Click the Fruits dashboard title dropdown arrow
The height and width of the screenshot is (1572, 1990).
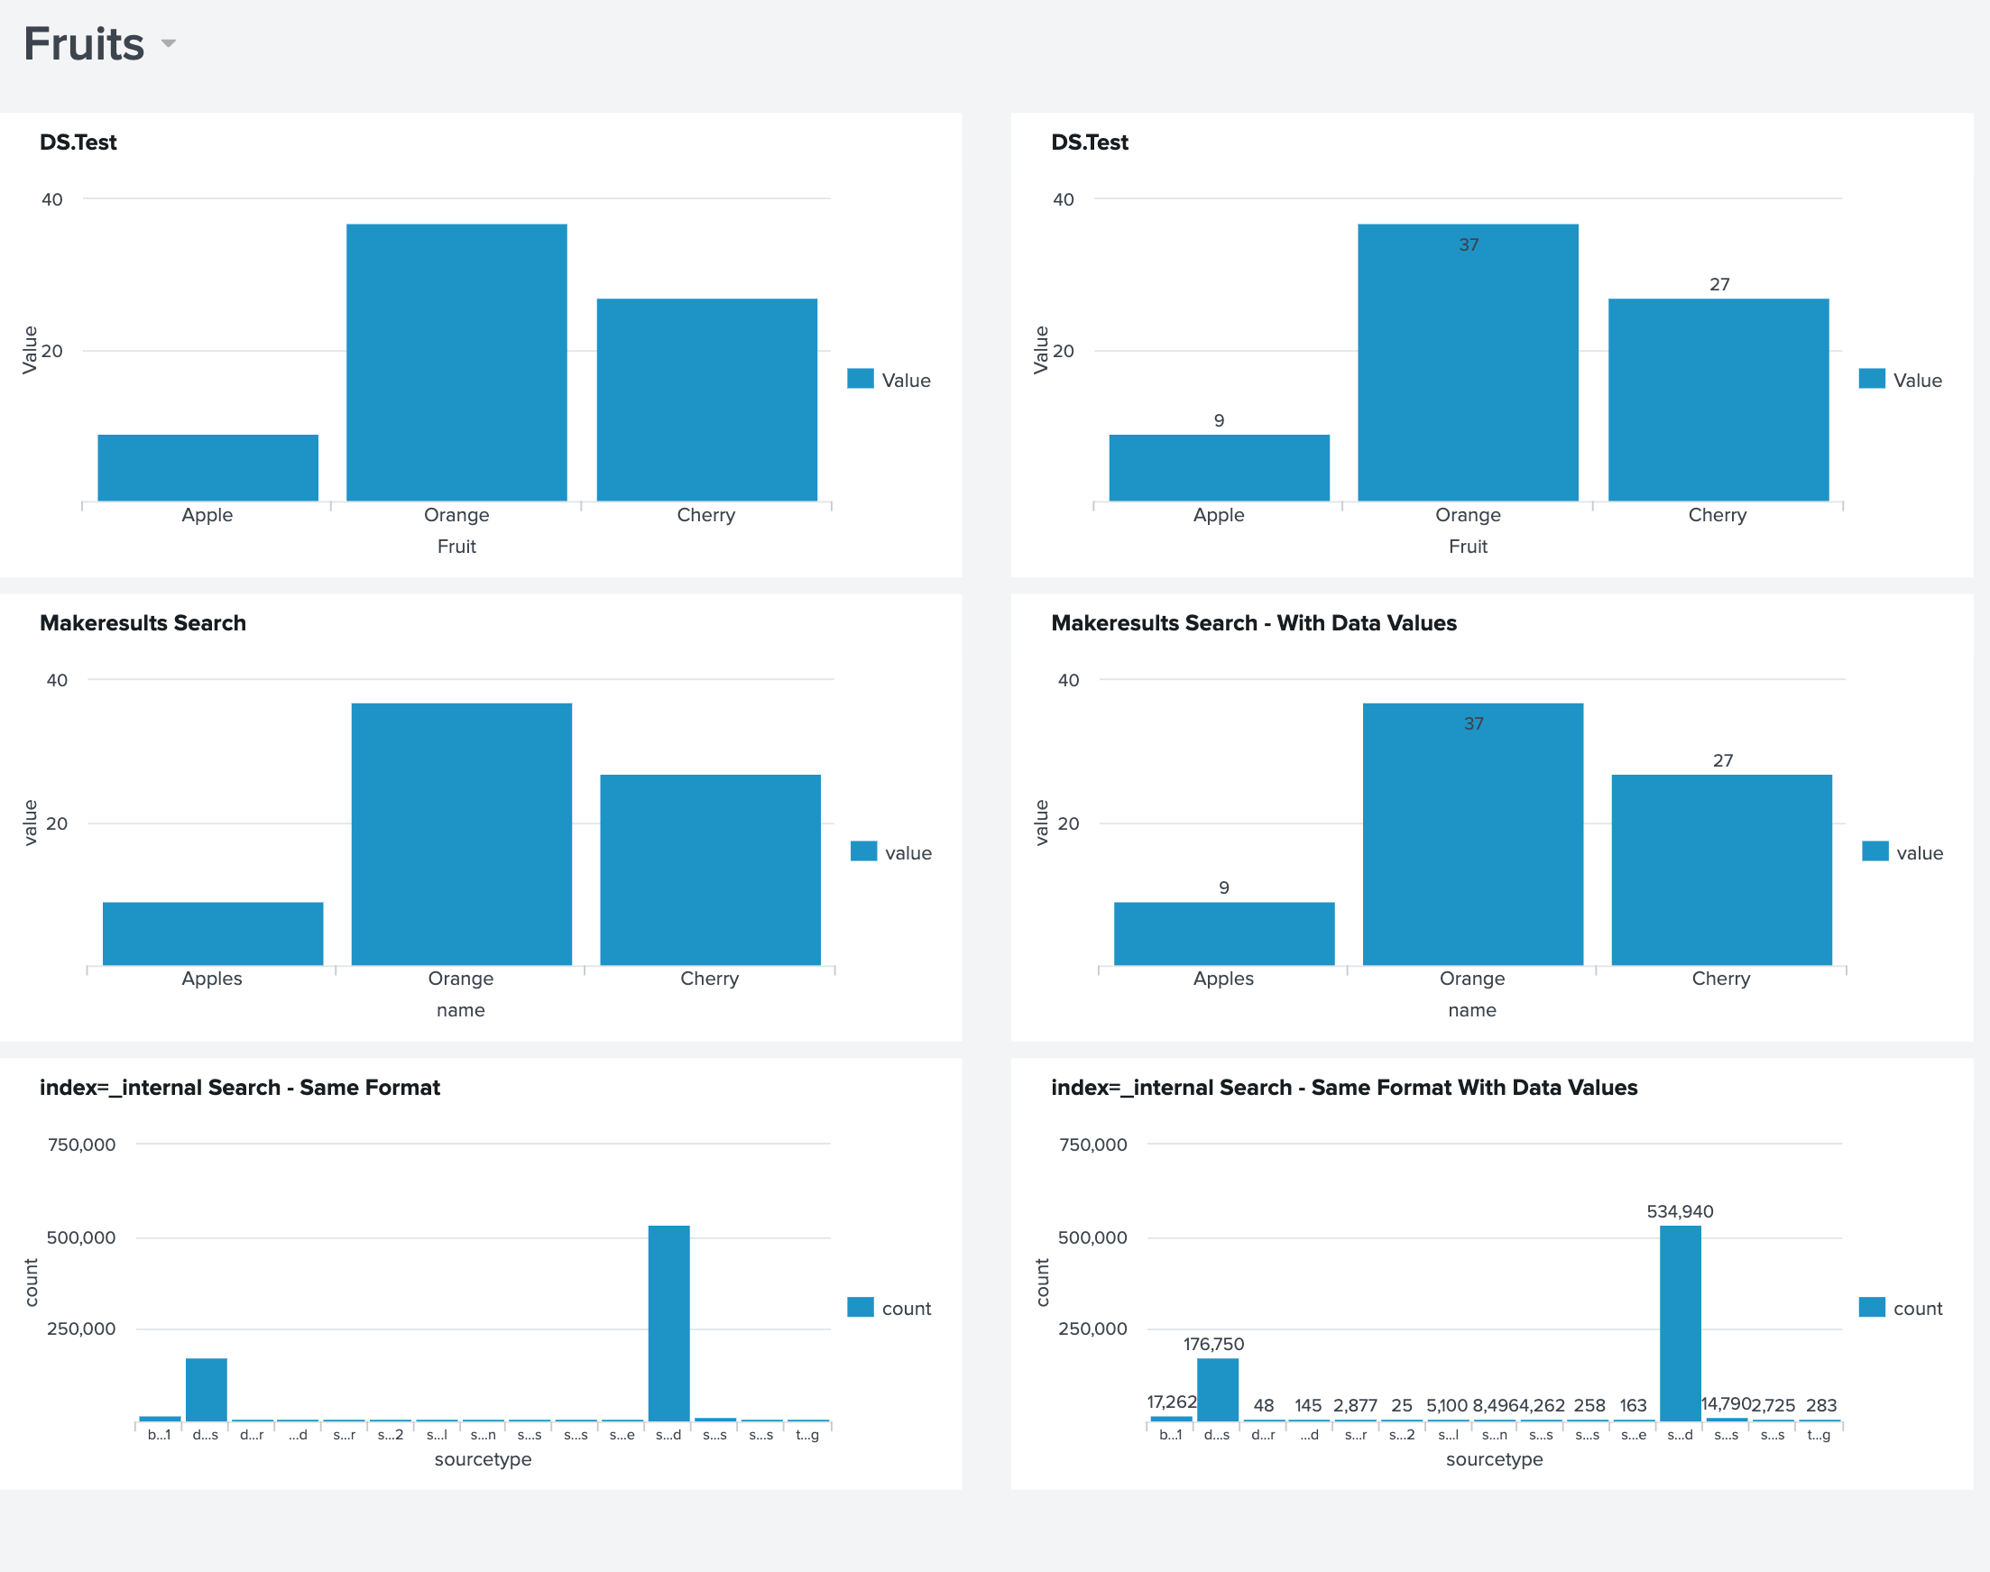coord(169,43)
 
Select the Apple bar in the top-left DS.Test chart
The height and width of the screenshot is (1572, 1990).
coord(208,467)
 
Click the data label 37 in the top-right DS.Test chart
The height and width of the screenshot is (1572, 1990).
coord(1468,244)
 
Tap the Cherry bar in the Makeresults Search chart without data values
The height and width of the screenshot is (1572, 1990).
coord(710,869)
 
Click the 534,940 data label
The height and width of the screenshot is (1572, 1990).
coord(1680,1211)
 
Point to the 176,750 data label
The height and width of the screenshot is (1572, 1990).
coord(1213,1344)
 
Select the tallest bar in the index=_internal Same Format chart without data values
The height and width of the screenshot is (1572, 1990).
coord(669,1322)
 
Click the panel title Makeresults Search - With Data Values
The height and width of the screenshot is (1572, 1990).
coord(1254,623)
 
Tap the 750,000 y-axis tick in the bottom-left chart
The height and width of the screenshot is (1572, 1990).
coord(82,1145)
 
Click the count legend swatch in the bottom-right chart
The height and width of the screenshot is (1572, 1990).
coord(1871,1307)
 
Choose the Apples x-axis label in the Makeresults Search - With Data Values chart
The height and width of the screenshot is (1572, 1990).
coord(1223,979)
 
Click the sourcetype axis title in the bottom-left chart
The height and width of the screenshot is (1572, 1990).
coord(483,1458)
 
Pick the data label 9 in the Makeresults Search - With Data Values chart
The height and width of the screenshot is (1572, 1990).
coord(1223,887)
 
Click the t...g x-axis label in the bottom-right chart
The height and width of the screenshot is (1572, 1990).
coord(1819,1435)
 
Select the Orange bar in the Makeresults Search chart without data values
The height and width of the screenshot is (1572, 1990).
coord(461,834)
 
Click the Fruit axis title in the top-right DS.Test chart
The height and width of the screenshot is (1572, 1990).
coord(1467,547)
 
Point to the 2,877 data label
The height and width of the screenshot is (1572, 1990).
coord(1355,1405)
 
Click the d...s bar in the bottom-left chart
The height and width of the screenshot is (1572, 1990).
coord(207,1389)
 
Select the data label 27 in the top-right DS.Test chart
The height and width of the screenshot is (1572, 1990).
coord(1719,284)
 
